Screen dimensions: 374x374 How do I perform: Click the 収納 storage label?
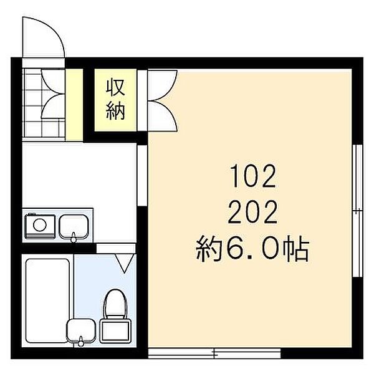[115, 100]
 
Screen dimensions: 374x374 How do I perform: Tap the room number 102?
[253, 176]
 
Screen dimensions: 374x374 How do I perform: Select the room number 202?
[253, 212]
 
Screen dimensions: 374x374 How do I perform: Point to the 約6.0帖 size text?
[252, 248]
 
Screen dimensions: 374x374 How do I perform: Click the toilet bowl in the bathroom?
[116, 304]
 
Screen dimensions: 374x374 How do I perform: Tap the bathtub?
[47, 300]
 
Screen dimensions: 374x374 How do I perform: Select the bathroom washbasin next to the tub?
[80, 331]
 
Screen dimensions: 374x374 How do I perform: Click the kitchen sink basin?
[74, 227]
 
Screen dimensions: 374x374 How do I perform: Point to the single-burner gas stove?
[40, 226]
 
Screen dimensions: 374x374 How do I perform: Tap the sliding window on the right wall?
[358, 211]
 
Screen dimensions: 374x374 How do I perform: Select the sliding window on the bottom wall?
[214, 353]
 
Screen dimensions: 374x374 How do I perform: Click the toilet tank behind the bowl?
[115, 332]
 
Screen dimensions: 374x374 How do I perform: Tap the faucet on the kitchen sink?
[74, 237]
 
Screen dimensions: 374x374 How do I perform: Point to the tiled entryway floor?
[43, 103]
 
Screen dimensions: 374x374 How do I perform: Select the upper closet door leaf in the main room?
[163, 85]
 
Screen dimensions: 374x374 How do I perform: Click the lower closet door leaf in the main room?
[163, 116]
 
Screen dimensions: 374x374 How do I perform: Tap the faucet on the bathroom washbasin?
[80, 341]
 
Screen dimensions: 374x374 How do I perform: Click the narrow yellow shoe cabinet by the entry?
[74, 105]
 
